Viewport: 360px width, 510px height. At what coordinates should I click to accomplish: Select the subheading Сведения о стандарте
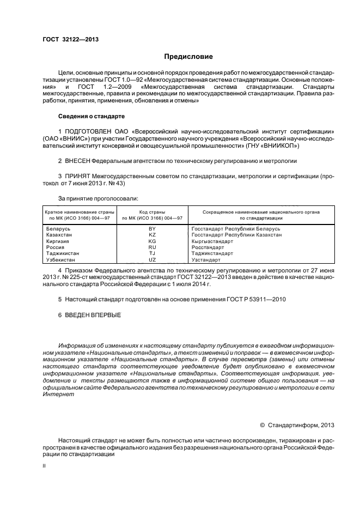(91, 116)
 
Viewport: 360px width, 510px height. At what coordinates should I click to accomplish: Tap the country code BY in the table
(152, 229)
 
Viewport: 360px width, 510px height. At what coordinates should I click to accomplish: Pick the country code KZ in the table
(152, 235)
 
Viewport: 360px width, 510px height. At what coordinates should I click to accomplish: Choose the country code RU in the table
(152, 247)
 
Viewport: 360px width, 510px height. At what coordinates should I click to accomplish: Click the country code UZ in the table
(152, 259)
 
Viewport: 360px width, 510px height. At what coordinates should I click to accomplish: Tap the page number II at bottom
(44, 466)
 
